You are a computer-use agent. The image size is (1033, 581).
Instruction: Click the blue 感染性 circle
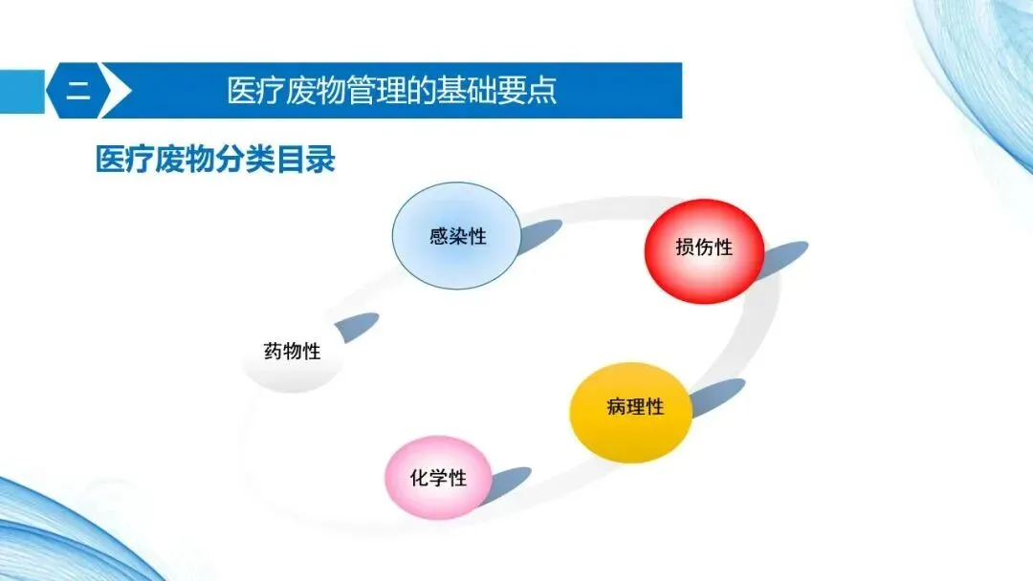click(x=457, y=236)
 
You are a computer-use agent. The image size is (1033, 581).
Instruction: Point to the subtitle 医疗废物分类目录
click(x=215, y=160)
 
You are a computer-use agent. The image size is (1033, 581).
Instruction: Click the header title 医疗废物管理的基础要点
click(x=392, y=92)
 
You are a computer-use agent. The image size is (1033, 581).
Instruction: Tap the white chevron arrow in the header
click(x=117, y=92)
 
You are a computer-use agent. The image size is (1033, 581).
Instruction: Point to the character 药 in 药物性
click(x=274, y=352)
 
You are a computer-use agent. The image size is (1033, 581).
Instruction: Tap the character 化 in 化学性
click(x=419, y=478)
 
